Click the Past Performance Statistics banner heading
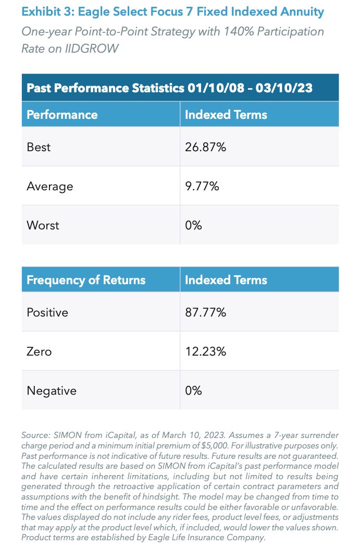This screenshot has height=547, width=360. [x=169, y=88]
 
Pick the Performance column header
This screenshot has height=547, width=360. [x=62, y=115]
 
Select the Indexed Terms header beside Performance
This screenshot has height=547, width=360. [x=226, y=115]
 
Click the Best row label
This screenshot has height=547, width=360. [x=39, y=148]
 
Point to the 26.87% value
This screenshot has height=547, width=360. [x=205, y=148]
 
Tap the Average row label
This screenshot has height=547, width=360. [x=50, y=186]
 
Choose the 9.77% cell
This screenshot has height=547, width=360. [x=202, y=186]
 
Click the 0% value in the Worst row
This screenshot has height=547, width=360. [x=193, y=225]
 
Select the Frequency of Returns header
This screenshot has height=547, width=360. [x=86, y=280]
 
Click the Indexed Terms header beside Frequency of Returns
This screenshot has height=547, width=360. [x=226, y=280]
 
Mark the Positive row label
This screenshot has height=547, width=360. [x=47, y=313]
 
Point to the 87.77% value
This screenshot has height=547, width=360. [x=205, y=313]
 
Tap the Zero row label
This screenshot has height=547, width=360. [x=39, y=351]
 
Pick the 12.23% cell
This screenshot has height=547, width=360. [x=205, y=351]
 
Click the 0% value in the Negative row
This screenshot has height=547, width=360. [x=193, y=391]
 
